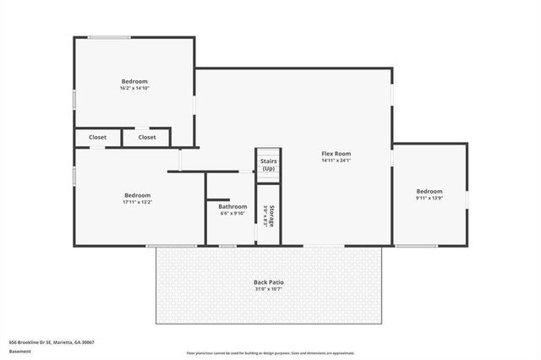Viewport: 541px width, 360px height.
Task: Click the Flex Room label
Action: (x=336, y=153)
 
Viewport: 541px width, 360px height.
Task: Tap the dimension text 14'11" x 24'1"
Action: (x=336, y=161)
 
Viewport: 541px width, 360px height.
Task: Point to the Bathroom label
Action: (x=232, y=206)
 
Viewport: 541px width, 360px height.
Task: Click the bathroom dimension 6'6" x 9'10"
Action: (x=232, y=214)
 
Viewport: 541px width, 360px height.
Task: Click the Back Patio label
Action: (x=269, y=282)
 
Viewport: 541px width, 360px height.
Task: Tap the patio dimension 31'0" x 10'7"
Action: (x=269, y=290)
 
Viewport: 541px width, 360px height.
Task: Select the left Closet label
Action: (x=97, y=137)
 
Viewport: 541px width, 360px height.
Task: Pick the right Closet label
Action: (x=147, y=137)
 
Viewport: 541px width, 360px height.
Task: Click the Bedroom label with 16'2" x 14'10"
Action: (x=134, y=81)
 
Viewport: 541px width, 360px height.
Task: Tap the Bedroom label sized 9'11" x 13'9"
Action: (x=429, y=191)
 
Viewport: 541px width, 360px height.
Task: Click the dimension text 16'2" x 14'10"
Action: (x=134, y=89)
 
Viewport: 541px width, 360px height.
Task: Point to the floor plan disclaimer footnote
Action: (x=270, y=353)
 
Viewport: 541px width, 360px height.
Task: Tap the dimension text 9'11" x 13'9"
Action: (x=429, y=199)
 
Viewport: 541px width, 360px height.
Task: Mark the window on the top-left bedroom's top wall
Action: (x=110, y=37)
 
